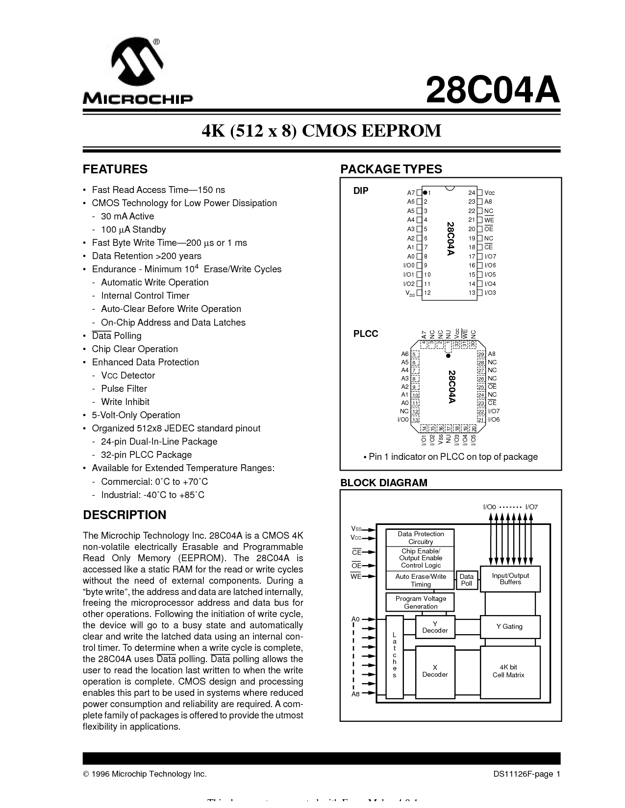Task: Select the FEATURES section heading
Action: [115, 169]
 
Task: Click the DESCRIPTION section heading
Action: [125, 515]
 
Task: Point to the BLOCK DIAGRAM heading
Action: [384, 483]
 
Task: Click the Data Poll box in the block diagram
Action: [467, 580]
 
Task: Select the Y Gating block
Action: [510, 627]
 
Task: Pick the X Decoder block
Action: [435, 671]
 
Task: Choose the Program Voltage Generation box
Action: [421, 602]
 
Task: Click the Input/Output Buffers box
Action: [510, 579]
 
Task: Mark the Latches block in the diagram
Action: [394, 655]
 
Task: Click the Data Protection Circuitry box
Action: [421, 538]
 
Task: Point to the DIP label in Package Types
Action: [361, 191]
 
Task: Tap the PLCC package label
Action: [366, 334]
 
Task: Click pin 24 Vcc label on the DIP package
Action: [489, 193]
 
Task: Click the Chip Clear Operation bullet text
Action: [135, 349]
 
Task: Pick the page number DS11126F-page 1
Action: [526, 774]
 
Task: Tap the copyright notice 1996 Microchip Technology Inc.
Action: [145, 774]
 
